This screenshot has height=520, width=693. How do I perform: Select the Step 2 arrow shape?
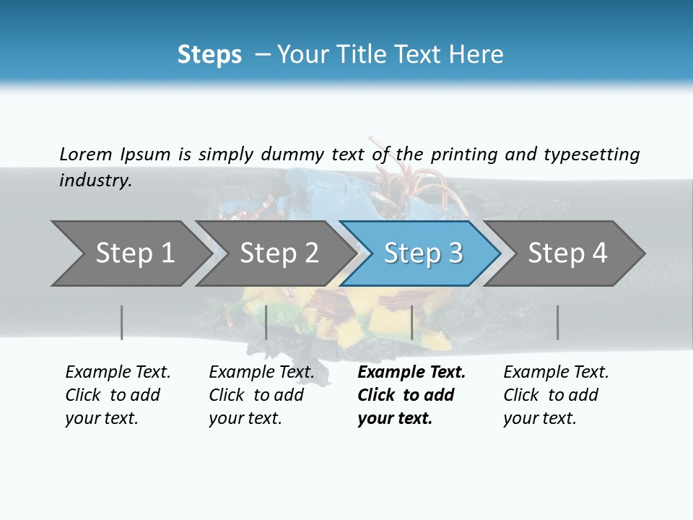278,253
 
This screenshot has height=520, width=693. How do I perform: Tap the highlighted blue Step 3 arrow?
422,253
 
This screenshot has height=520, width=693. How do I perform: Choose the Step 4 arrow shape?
567,253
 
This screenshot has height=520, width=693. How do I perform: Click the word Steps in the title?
209,55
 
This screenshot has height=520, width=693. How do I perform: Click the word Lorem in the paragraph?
85,155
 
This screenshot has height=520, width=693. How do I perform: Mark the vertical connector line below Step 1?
122,322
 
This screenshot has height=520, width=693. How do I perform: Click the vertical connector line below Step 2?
266,322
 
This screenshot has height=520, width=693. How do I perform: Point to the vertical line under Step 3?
411,322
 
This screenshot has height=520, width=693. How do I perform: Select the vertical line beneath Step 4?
557,322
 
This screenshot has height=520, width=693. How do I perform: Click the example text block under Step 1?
117,395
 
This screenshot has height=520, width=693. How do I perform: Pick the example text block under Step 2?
261,395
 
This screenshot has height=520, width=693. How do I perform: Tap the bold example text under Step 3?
411,395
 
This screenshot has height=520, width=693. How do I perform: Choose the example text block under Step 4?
555,395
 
